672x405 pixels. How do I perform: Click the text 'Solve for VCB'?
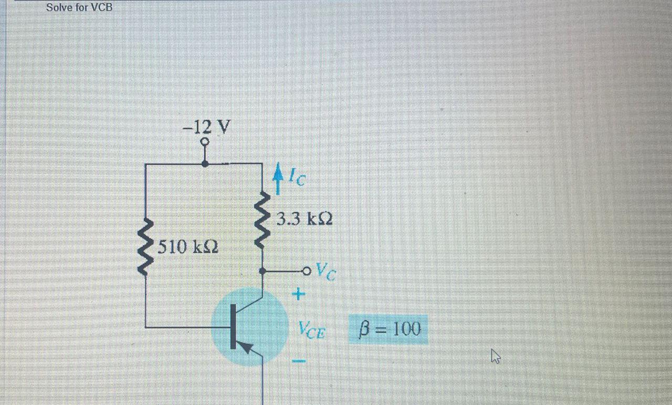click(x=79, y=7)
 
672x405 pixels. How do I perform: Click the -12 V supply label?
click(x=206, y=127)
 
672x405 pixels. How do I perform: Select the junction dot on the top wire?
click(x=205, y=164)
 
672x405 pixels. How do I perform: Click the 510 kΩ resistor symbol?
click(x=145, y=245)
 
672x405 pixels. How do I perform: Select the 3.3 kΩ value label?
click(x=304, y=219)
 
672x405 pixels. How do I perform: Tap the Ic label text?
click(x=297, y=179)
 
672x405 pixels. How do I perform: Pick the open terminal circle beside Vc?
click(x=306, y=271)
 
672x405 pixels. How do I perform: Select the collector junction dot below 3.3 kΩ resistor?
click(x=262, y=271)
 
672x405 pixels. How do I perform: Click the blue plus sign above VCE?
click(x=298, y=294)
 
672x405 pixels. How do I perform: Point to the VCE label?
click(x=312, y=331)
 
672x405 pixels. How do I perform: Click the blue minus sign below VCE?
click(x=298, y=361)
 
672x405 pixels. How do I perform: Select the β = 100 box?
click(x=388, y=329)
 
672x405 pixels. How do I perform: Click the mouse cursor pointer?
click(x=495, y=357)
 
